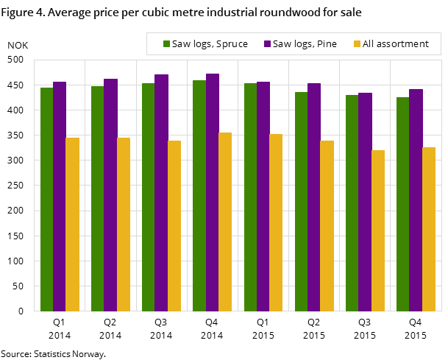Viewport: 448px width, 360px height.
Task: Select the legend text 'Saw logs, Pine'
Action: click(305, 44)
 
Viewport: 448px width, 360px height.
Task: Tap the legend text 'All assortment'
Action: click(396, 44)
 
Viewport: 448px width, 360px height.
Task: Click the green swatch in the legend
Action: click(166, 44)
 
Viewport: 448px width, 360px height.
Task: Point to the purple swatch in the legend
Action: click(267, 44)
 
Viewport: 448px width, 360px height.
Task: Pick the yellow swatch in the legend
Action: click(358, 44)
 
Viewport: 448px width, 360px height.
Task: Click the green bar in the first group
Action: click(46, 199)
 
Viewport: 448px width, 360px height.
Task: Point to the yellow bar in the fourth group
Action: click(224, 222)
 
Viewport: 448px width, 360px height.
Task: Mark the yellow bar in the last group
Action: click(428, 229)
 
